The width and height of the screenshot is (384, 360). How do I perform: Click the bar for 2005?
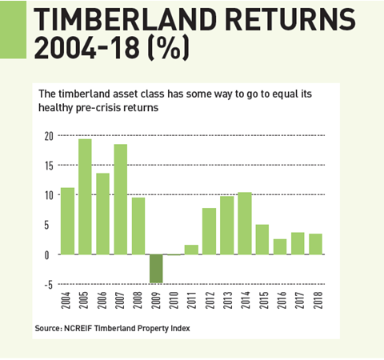tap(85, 197)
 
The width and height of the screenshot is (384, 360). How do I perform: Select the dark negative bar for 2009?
tap(156, 269)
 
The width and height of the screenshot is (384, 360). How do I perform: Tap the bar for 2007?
tap(121, 199)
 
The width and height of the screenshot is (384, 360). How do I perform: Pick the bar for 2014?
tap(245, 223)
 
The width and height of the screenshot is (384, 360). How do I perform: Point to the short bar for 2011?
tap(191, 250)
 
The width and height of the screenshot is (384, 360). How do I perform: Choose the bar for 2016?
tap(280, 246)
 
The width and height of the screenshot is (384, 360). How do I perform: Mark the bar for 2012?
tap(209, 231)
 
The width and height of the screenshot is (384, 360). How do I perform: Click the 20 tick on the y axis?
tap(49, 136)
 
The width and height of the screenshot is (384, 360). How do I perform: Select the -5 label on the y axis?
tap(48, 285)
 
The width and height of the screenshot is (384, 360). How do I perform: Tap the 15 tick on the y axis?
tap(49, 166)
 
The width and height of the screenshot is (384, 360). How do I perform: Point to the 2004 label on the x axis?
tap(66, 300)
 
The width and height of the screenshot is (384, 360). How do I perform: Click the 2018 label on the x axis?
tap(318, 300)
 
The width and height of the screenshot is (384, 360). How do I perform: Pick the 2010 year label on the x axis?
tap(174, 300)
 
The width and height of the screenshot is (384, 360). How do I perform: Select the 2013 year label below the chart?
tap(228, 300)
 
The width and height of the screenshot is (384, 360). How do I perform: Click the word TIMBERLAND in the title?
tap(125, 19)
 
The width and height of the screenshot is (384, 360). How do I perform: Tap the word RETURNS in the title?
tap(290, 19)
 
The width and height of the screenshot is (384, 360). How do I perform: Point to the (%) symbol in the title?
tap(168, 48)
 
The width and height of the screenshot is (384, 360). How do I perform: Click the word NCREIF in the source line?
tap(78, 328)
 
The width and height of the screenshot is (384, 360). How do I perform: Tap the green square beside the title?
tap(13, 30)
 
